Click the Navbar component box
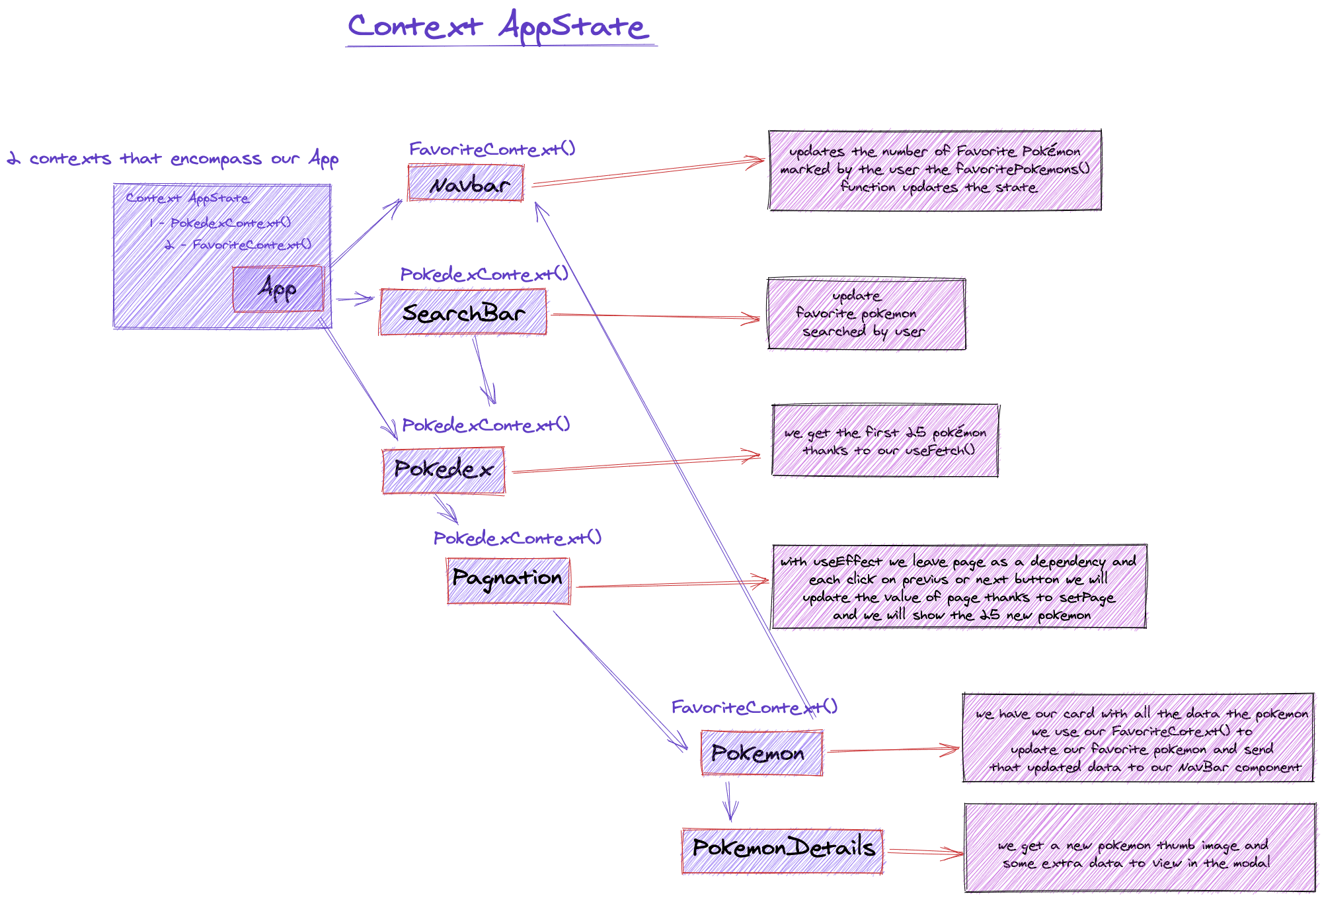click(466, 184)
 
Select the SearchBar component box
click(463, 312)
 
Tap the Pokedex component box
click(444, 470)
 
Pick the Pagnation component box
click(508, 581)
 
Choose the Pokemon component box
click(761, 753)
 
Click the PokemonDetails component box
click(783, 850)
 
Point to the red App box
click(278, 288)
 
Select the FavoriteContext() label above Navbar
click(492, 149)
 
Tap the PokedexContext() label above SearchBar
click(485, 274)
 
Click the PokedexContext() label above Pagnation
click(518, 538)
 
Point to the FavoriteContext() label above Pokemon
click(754, 708)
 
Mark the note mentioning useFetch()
click(885, 441)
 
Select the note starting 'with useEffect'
click(958, 587)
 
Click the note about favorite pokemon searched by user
click(866, 314)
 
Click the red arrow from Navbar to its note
click(648, 173)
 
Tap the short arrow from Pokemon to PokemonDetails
click(729, 801)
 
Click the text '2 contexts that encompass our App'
click(173, 159)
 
